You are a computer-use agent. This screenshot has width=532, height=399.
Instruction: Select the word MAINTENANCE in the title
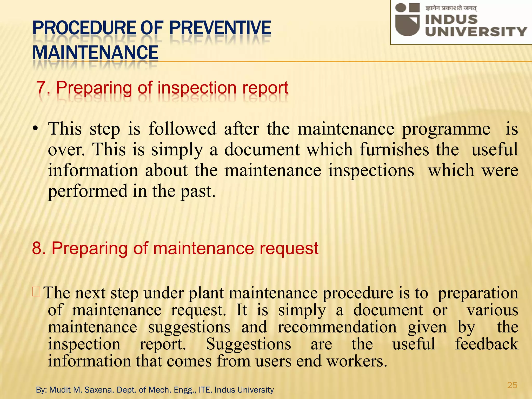pyautogui.click(x=95, y=52)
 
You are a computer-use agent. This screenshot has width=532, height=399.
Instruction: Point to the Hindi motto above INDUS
pyautogui.click(x=451, y=8)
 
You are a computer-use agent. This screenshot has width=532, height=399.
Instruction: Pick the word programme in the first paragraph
pyautogui.click(x=446, y=129)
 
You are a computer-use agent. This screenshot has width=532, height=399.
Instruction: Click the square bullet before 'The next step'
pyautogui.click(x=36, y=292)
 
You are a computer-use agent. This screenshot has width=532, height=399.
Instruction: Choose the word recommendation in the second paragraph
pyautogui.click(x=337, y=327)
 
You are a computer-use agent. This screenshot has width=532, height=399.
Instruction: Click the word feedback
pyautogui.click(x=486, y=344)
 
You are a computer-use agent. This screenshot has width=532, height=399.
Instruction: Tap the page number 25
pyautogui.click(x=512, y=385)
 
